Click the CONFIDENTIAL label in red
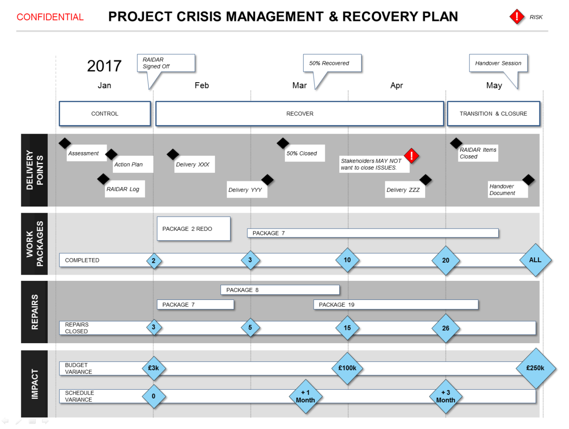50,17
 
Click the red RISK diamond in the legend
516,17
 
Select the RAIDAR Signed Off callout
166,63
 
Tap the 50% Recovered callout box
332,63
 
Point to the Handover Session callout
498,63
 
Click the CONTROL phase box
105,114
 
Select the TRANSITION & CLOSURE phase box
493,114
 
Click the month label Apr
396,85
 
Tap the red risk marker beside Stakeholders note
411,156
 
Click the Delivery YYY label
246,190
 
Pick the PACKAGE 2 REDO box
193,229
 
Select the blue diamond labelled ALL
535,260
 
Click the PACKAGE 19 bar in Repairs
396,304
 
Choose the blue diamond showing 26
446,328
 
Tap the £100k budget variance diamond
347,368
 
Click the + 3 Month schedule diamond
446,396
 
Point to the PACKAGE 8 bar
280,290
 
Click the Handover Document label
507,190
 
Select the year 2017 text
104,66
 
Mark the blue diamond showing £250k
535,368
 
